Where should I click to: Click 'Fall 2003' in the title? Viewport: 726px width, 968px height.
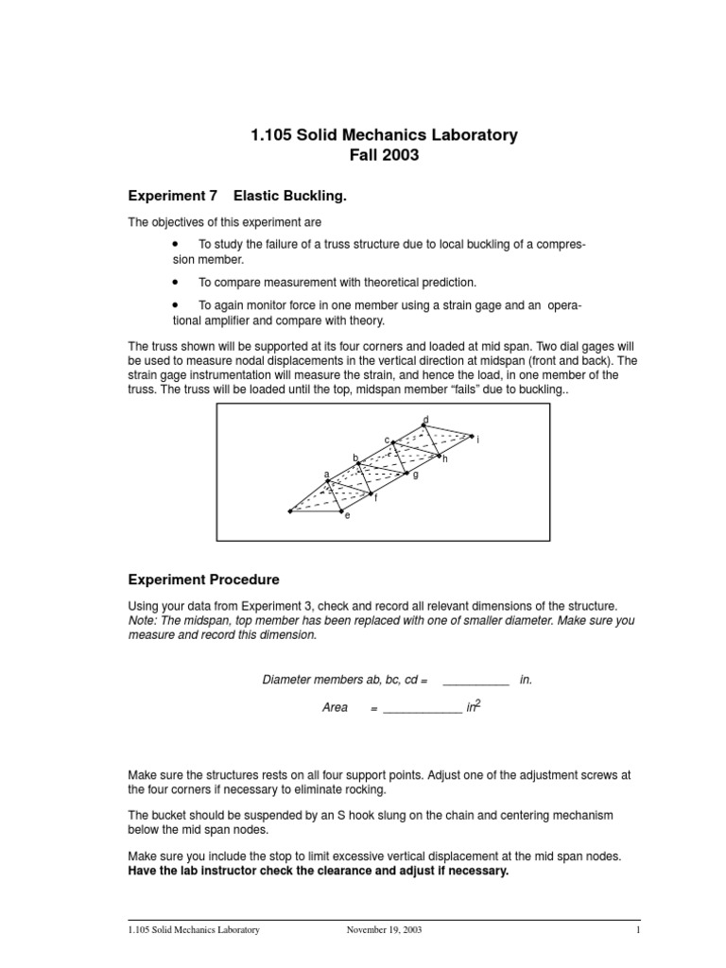384,156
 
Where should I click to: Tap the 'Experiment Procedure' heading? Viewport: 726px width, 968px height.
203,579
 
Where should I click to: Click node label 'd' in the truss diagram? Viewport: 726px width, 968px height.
425,419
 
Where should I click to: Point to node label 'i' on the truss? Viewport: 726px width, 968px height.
478,440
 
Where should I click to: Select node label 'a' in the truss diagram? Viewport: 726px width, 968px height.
326,474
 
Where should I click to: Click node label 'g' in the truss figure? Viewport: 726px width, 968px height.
415,475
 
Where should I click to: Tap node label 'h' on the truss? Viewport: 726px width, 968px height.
444,458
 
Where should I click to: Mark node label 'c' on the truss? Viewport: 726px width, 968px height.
387,440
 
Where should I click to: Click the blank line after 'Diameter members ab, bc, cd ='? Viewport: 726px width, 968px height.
475,680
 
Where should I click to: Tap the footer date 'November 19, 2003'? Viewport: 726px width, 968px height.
385,930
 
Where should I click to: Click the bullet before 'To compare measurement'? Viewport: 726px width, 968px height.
175,282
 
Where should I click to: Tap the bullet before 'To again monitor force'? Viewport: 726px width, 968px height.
175,305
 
